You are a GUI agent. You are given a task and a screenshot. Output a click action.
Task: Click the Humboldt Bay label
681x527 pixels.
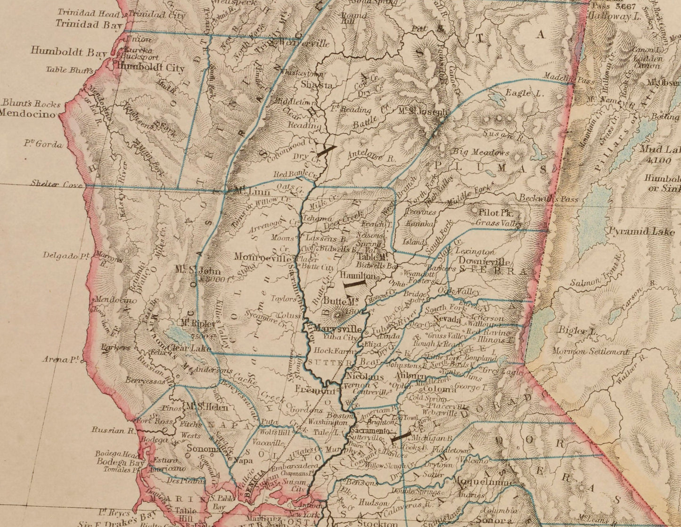[x=69, y=51]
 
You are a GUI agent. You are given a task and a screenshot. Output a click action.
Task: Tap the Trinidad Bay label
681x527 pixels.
[x=89, y=25]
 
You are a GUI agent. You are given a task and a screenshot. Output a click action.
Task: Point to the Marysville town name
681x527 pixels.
[x=338, y=329]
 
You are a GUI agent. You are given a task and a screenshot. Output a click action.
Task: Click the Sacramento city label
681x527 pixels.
[x=371, y=431]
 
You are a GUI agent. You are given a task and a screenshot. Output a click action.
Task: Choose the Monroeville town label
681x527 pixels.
[x=263, y=258]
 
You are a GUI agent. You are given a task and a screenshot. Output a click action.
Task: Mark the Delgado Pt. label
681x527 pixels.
[x=66, y=256]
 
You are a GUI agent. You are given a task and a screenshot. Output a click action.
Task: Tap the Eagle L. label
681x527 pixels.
[x=524, y=93]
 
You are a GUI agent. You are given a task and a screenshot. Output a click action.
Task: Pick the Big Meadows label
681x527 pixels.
[x=481, y=152]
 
